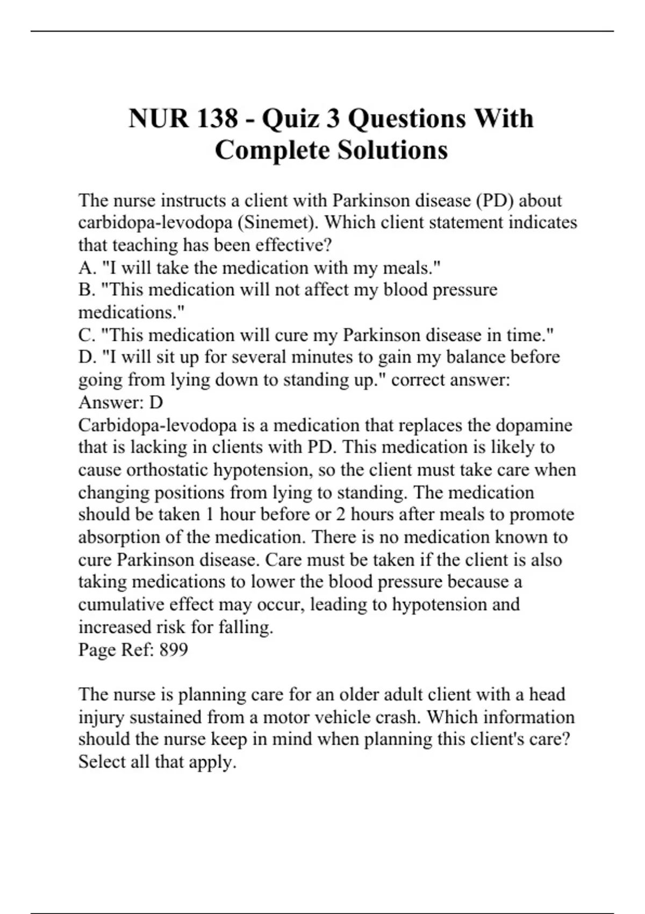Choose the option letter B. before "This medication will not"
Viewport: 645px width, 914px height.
87,290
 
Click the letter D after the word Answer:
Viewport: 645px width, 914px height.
156,403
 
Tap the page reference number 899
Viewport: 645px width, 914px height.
174,649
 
